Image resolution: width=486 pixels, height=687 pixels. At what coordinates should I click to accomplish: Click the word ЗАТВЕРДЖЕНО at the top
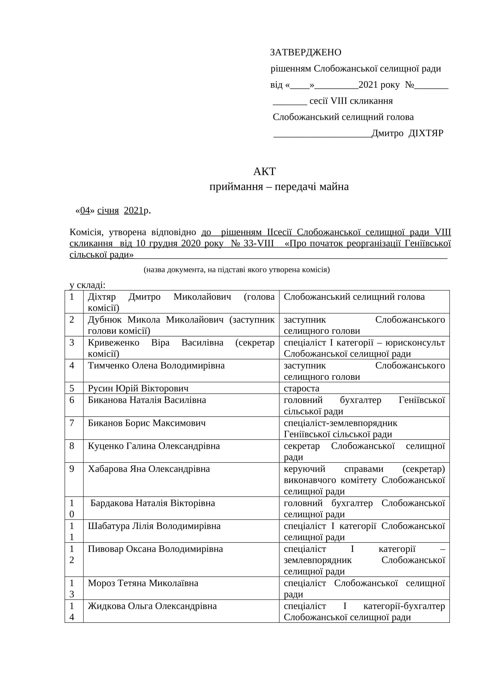coord(305,52)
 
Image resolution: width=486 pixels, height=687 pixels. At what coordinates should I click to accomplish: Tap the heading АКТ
coord(264,172)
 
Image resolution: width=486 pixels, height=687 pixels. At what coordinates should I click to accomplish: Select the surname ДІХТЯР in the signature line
coord(426,133)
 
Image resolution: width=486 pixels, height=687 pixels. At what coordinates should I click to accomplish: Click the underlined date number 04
coord(85,210)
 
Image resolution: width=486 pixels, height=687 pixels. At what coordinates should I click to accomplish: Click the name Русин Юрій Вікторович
coord(138,388)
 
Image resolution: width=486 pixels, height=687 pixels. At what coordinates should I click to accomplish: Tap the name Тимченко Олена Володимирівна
coord(156,365)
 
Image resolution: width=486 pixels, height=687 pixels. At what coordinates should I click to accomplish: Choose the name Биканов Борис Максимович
coord(147,423)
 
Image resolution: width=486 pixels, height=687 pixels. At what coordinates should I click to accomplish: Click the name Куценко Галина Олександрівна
coord(153,446)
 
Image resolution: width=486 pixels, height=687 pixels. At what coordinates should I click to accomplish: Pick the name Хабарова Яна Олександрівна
coord(149,469)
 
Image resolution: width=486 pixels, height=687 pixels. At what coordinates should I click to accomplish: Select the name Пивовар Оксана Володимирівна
coord(155,549)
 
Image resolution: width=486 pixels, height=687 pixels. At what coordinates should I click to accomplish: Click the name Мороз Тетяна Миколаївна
coord(143,583)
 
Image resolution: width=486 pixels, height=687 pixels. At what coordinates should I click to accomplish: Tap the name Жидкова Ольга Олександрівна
coord(152,606)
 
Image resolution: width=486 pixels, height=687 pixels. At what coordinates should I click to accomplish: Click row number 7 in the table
coord(72,423)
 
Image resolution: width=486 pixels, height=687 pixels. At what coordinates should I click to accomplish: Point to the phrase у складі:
coord(87,285)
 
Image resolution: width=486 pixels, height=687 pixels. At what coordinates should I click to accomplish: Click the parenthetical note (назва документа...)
coord(237,270)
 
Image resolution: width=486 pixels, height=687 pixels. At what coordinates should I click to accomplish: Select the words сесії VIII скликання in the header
coord(351,101)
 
